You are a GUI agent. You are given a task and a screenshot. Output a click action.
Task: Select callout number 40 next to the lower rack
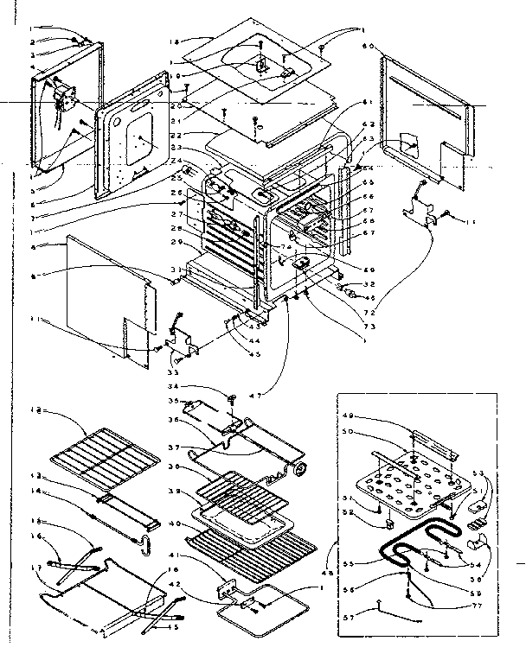pos(176,523)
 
